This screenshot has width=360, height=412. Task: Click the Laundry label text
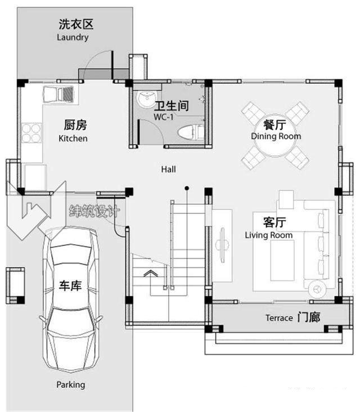click(73, 37)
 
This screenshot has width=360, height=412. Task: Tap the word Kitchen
click(73, 138)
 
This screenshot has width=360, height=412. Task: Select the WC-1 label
click(164, 117)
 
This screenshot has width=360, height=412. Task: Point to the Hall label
click(169, 169)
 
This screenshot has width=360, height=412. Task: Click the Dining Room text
click(276, 136)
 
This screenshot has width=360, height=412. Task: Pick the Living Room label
click(269, 235)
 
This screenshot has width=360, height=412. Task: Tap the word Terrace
click(279, 318)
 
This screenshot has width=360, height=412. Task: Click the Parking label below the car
click(71, 384)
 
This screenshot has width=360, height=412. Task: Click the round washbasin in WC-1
click(146, 99)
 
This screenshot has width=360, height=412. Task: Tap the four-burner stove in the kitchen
click(31, 133)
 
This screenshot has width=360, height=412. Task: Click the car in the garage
click(71, 300)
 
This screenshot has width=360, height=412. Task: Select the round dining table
click(275, 136)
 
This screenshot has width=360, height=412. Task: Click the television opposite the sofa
click(222, 245)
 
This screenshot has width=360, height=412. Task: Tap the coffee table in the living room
click(282, 261)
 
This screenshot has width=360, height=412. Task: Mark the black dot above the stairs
click(187, 188)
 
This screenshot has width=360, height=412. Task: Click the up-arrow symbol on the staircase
click(150, 274)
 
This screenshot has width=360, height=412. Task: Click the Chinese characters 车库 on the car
click(70, 285)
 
